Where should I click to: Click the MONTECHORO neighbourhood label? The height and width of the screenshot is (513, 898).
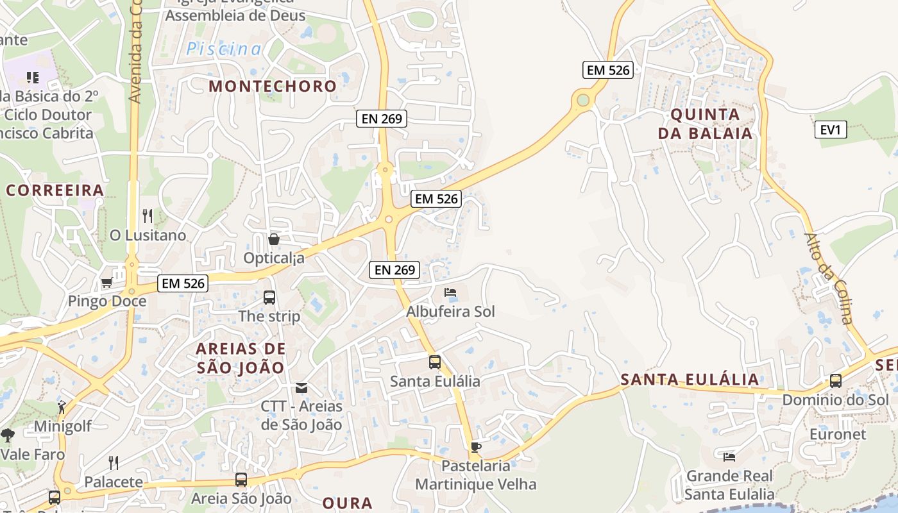click(273, 86)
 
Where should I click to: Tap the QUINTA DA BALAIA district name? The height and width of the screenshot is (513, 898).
click(711, 124)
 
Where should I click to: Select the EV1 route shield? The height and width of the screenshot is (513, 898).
click(830, 130)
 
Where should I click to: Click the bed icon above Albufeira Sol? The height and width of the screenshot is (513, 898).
click(450, 292)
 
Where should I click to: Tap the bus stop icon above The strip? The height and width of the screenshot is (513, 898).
click(269, 298)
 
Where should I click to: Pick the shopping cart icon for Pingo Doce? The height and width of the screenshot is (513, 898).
click(107, 282)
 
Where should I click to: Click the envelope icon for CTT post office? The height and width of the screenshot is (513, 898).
click(301, 388)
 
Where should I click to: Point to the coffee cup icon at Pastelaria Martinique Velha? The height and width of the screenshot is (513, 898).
click(475, 447)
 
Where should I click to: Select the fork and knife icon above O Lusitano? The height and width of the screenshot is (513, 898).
click(148, 216)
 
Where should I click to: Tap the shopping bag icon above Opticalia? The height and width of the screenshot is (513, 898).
click(274, 239)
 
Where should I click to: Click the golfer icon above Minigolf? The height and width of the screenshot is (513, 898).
click(62, 407)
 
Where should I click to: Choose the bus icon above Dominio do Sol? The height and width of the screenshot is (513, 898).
click(836, 381)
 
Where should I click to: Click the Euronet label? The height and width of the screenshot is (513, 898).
click(836, 434)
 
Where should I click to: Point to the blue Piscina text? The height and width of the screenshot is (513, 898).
click(224, 49)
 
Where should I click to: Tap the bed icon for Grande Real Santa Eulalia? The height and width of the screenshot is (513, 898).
click(729, 457)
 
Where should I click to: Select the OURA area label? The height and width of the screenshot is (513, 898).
click(347, 503)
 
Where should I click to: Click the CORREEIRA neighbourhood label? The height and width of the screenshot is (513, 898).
click(55, 190)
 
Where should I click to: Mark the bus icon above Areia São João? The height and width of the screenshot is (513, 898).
click(241, 480)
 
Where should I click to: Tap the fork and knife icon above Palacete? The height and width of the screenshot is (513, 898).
click(114, 463)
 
